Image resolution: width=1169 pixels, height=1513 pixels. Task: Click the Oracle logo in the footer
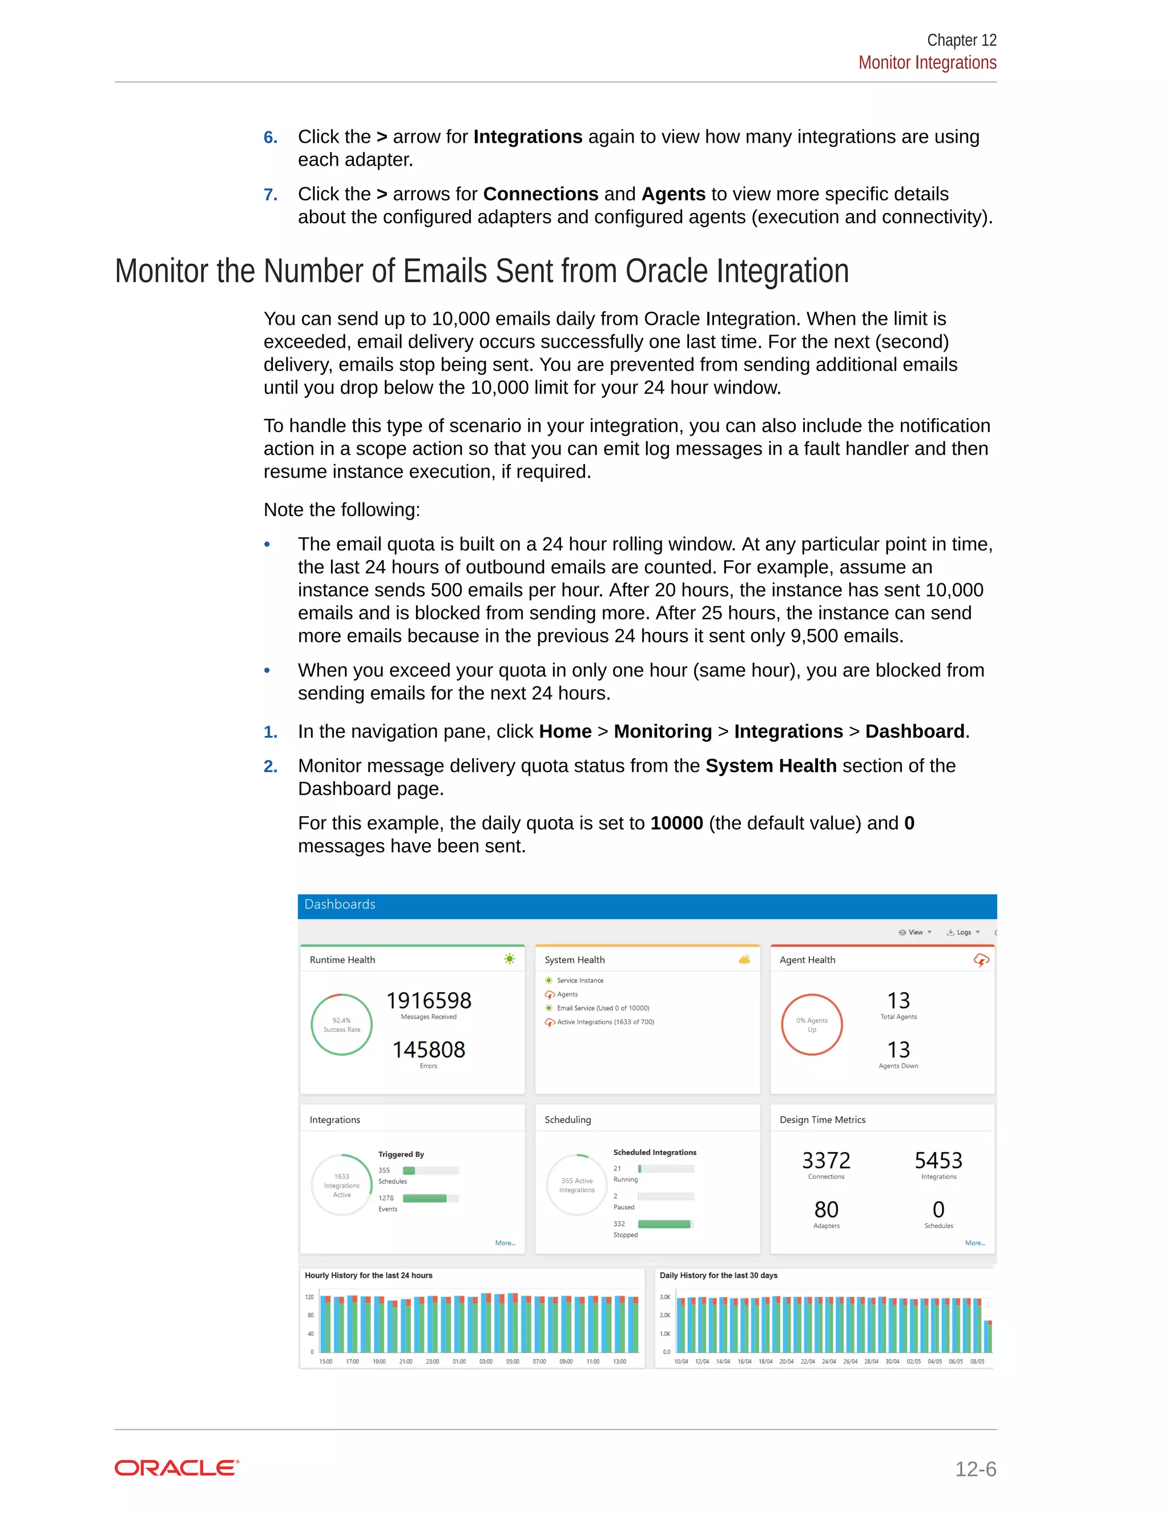point(176,1467)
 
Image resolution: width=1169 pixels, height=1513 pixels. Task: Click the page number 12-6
point(975,1468)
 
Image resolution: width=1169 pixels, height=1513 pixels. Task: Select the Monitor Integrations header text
point(926,63)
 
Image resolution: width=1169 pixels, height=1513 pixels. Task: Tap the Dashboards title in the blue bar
point(340,904)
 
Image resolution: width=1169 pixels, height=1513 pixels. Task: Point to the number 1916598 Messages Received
point(429,1000)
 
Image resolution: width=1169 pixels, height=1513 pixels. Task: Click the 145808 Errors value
point(429,1049)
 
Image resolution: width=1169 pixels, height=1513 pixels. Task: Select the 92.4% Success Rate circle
point(341,1025)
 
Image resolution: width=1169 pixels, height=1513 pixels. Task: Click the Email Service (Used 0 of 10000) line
point(603,1008)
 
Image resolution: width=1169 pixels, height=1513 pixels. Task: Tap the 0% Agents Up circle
point(812,1025)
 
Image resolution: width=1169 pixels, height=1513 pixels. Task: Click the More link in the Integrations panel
point(505,1243)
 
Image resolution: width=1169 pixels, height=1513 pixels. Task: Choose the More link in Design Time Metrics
point(974,1243)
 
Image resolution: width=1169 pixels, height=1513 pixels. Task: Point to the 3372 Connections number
point(826,1160)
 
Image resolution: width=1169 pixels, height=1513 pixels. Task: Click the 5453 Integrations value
point(938,1160)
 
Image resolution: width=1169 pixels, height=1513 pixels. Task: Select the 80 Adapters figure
point(826,1210)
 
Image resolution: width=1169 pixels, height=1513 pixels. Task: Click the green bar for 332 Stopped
point(663,1224)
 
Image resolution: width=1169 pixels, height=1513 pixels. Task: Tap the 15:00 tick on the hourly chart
point(325,1361)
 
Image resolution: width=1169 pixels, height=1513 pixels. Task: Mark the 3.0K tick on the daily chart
point(665,1297)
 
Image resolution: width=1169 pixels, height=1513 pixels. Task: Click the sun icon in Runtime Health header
point(510,959)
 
